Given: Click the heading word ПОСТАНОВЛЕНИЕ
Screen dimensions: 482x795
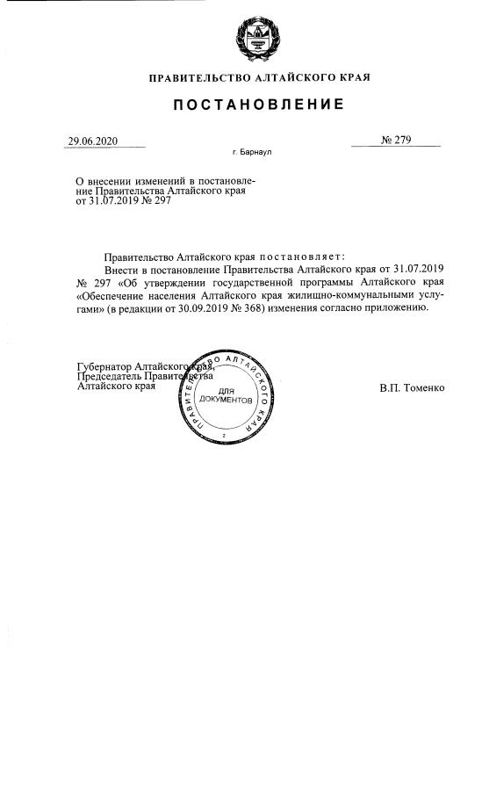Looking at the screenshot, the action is [x=258, y=105].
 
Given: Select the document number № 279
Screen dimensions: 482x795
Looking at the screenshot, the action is [x=396, y=141].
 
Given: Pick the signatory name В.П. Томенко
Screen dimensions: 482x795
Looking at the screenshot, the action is [x=413, y=387].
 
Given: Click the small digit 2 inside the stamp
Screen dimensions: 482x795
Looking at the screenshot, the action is [x=225, y=436].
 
